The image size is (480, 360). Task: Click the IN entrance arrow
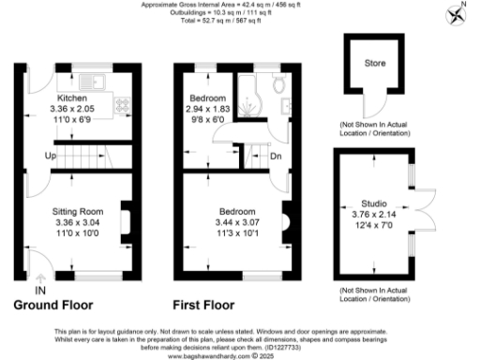40,282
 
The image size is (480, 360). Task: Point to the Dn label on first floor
276,155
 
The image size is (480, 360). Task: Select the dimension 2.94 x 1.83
208,110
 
